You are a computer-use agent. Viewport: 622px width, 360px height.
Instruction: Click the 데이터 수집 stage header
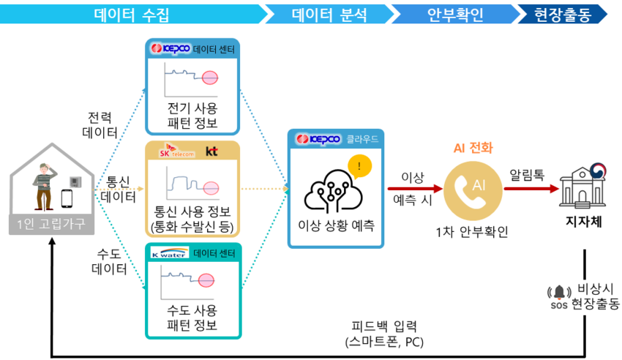click(132, 15)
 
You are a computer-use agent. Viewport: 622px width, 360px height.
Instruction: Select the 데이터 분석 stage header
click(329, 15)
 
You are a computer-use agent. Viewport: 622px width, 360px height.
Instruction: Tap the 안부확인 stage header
click(455, 15)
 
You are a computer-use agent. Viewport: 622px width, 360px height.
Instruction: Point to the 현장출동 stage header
click(563, 15)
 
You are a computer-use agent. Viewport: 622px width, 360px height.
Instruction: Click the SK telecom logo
click(176, 151)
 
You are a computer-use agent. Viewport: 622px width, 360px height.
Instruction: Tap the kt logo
click(211, 151)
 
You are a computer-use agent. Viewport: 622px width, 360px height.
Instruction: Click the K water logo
click(169, 253)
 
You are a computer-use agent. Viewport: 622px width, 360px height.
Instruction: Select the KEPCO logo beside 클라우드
click(318, 139)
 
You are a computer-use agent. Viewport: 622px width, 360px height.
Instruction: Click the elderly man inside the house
click(45, 187)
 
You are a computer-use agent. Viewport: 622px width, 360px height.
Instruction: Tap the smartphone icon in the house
click(67, 198)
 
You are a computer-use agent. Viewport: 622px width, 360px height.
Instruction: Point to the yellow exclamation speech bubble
click(359, 167)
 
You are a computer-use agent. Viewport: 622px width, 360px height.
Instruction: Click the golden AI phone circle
click(473, 191)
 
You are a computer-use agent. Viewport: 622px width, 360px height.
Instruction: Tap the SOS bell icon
click(559, 292)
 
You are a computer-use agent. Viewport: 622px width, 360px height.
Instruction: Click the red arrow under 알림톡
click(531, 189)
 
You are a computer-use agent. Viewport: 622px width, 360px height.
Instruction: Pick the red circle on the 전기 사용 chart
click(210, 78)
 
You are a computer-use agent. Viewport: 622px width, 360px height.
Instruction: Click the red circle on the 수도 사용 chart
click(206, 280)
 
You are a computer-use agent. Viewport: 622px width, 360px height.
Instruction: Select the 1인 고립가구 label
click(51, 225)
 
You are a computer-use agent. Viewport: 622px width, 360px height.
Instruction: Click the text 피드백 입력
click(384, 326)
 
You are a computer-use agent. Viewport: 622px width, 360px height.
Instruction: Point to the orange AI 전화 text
click(473, 148)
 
